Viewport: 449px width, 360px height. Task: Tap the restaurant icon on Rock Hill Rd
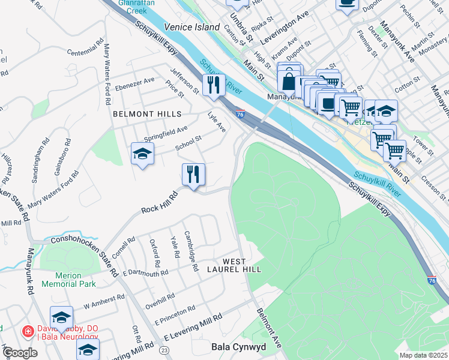[193, 175]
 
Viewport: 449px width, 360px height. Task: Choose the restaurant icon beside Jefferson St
[213, 85]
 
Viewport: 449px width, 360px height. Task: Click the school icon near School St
[142, 154]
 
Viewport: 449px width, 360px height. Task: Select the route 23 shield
[164, 350]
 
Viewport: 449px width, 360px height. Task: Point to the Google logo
[20, 353]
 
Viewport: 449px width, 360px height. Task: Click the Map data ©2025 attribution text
[423, 355]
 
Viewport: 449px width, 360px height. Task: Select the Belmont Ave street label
[269, 329]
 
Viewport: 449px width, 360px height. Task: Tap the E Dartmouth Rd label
[145, 274]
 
